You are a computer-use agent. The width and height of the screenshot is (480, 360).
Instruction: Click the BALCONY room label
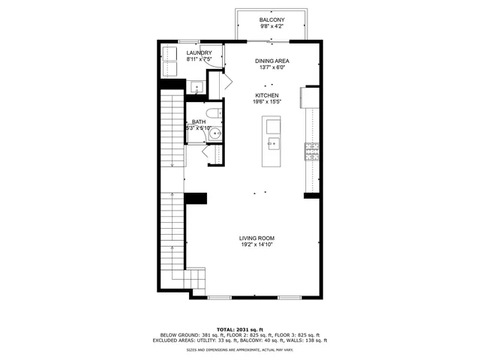point(271,19)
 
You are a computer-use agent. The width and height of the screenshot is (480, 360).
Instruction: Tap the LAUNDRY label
point(199,52)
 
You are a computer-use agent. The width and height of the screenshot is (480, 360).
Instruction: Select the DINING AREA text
point(272,61)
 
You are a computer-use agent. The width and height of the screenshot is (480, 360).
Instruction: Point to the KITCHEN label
point(267,95)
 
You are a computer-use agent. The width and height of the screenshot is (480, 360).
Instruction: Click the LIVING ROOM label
point(257,238)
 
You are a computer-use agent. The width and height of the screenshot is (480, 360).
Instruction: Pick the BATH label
point(199,121)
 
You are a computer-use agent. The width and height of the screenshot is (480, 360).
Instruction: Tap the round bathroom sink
point(216,136)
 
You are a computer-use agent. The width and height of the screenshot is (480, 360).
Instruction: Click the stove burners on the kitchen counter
point(311,151)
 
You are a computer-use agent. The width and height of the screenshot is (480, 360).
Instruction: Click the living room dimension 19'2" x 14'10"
point(257,244)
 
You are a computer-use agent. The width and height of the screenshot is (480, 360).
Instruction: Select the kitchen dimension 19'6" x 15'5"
point(267,102)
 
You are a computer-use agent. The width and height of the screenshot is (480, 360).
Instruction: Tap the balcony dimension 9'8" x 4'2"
point(271,26)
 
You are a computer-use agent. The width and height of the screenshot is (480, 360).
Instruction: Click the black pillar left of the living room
point(196,197)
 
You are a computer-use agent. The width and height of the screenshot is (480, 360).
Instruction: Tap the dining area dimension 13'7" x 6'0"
point(272,67)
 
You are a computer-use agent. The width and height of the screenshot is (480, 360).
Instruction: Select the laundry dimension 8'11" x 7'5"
point(199,59)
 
